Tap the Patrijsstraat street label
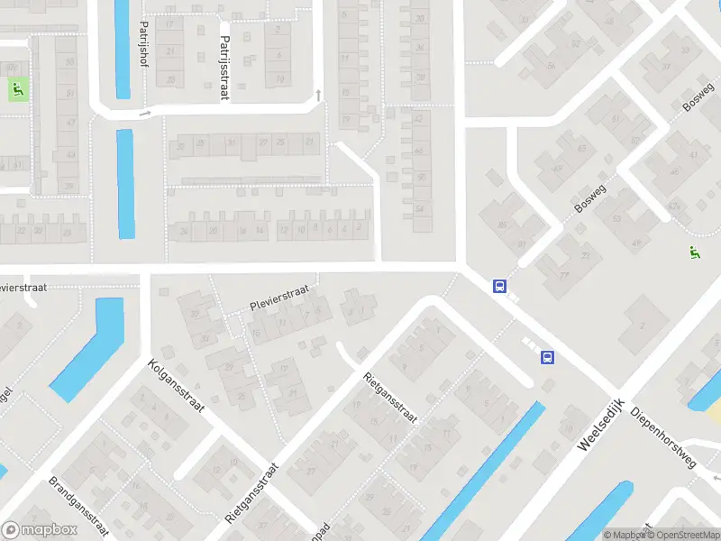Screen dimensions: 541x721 (223, 68)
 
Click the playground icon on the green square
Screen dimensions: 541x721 (17, 89)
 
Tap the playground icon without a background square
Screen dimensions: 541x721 (693, 255)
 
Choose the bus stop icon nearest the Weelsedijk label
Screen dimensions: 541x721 (547, 358)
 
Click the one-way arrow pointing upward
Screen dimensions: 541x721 (317, 95)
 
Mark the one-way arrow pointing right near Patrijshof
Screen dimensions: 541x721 (143, 115)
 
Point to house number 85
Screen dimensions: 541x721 (501, 224)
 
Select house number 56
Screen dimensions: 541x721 (551, 64)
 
